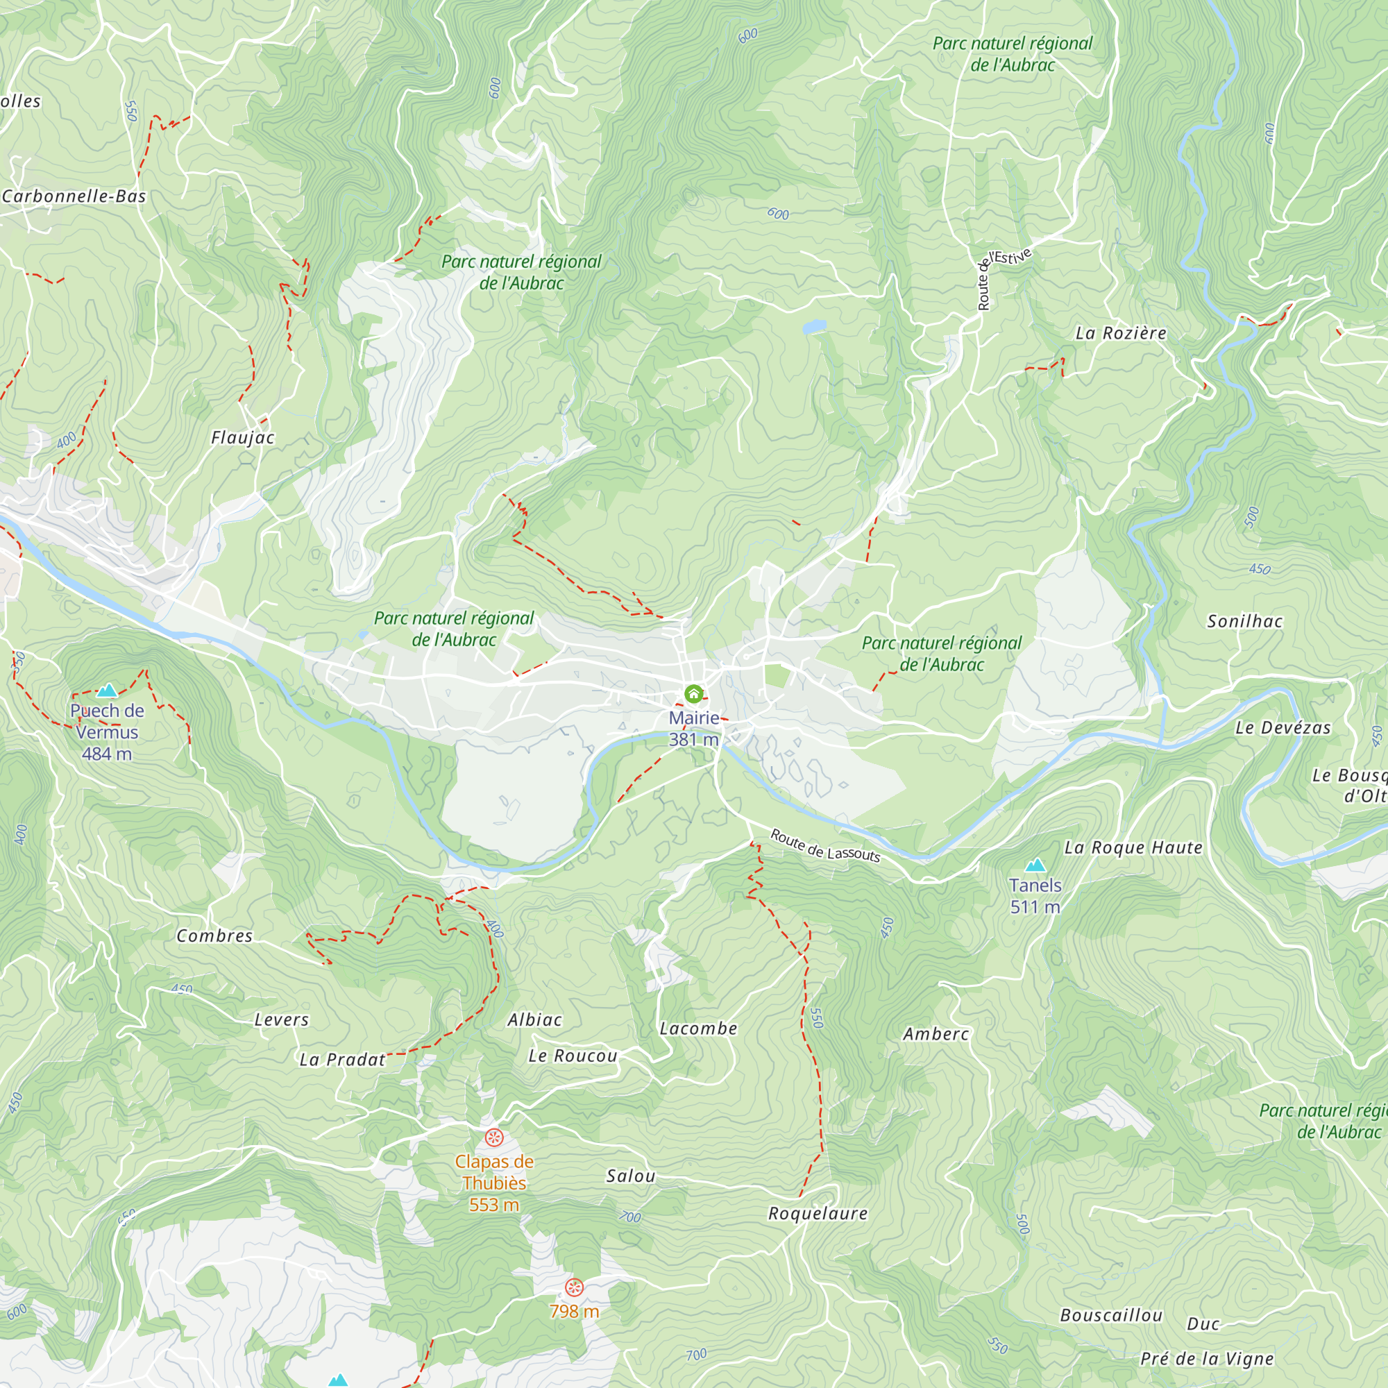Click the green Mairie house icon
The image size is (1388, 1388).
click(693, 693)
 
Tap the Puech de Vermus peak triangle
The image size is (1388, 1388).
click(107, 691)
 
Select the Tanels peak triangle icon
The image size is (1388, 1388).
click(1035, 865)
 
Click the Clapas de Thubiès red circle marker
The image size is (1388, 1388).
click(493, 1137)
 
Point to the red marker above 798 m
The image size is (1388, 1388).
click(574, 1287)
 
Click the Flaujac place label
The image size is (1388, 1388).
click(243, 437)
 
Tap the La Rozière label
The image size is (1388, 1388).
click(1121, 333)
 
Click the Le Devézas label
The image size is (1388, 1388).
click(1283, 728)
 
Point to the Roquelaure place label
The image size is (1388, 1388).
click(818, 1213)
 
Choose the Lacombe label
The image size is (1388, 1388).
click(698, 1029)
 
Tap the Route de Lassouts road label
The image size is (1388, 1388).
click(824, 845)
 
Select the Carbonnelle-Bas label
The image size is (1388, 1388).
click(74, 196)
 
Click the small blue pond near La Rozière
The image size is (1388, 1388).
click(814, 327)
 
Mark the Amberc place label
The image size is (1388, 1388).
click(936, 1034)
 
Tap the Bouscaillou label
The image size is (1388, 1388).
click(1110, 1314)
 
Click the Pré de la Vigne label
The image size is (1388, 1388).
click(1207, 1359)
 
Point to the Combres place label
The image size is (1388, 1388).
click(214, 936)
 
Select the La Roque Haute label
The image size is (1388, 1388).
click(1133, 848)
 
